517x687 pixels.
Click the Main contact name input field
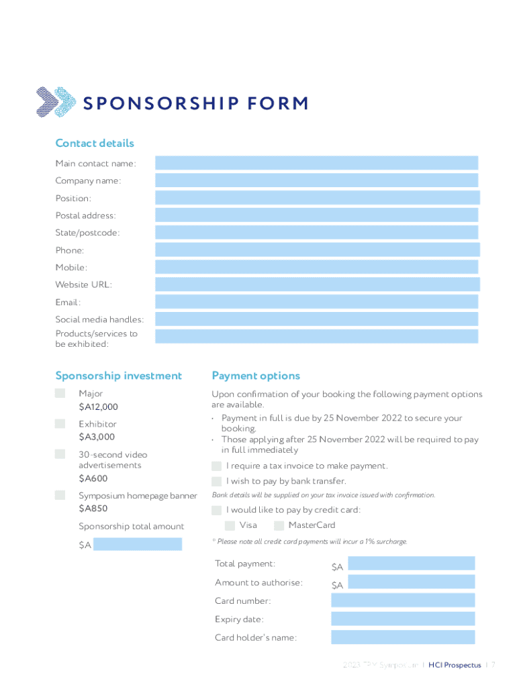pos(316,163)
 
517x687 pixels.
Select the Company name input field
pos(316,180)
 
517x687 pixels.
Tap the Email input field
pos(316,302)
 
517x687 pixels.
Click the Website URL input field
pos(316,284)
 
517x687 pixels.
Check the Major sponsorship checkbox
pos(60,393)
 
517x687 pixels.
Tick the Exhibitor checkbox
pos(60,424)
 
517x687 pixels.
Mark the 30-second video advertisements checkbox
pos(60,454)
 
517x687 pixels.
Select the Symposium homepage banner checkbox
pos(60,495)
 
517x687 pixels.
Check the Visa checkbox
pos(230,525)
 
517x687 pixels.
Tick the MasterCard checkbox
pos(279,525)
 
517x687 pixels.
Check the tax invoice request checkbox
pos(216,466)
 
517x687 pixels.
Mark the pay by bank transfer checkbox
pos(216,481)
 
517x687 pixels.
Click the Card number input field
pos(403,600)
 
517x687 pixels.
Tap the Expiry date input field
pos(403,619)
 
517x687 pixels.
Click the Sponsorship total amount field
pos(138,544)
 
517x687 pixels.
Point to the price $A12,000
pos(98,407)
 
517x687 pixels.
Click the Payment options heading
pos(256,376)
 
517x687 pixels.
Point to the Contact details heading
pos(95,143)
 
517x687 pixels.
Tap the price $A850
pos(93,509)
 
